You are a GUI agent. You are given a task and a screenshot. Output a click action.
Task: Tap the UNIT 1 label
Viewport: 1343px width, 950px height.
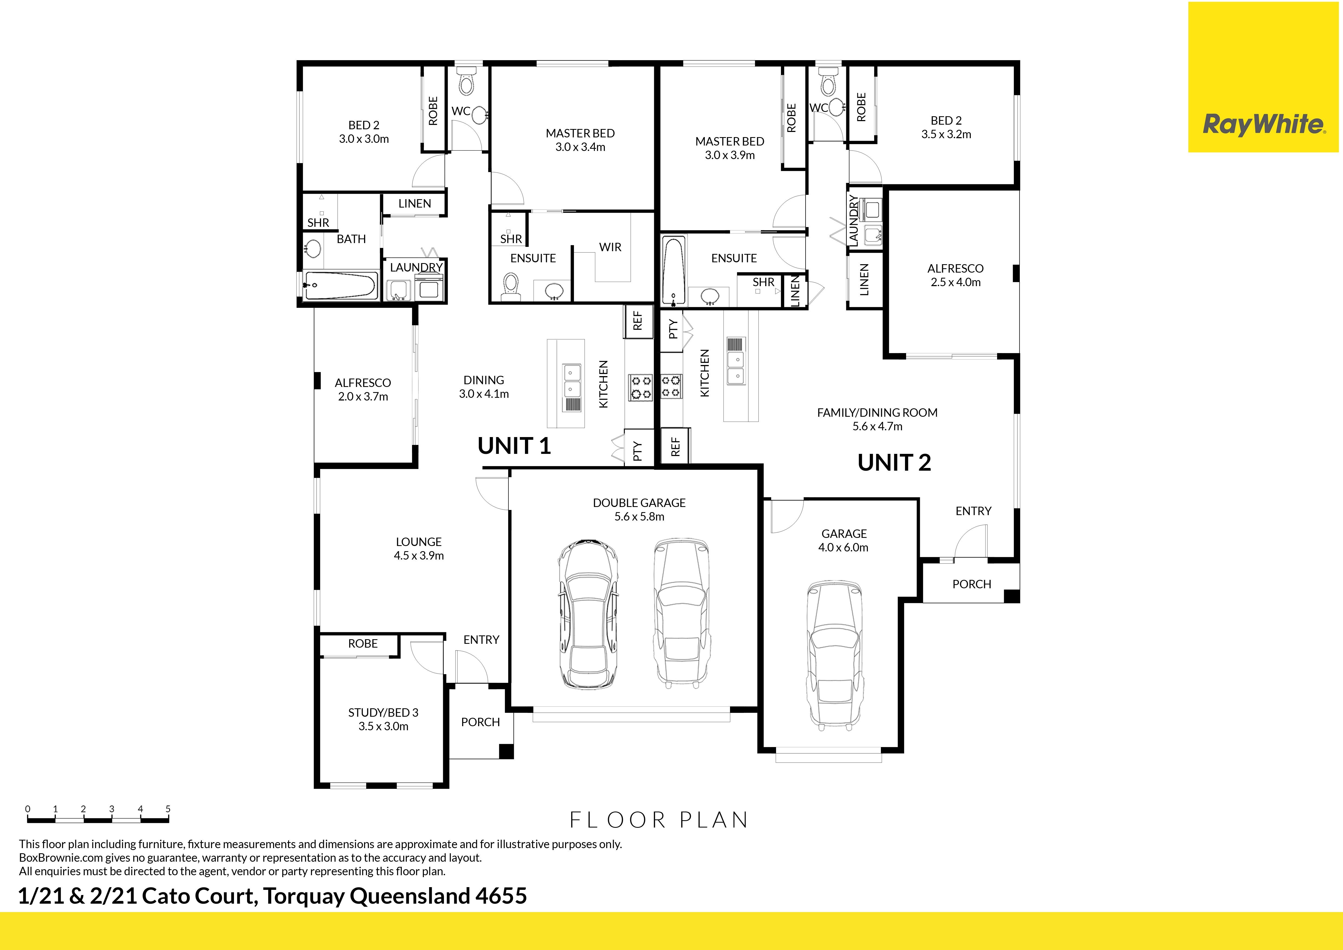coord(514,446)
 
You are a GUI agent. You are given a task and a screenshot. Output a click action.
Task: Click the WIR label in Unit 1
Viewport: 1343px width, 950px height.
coord(610,247)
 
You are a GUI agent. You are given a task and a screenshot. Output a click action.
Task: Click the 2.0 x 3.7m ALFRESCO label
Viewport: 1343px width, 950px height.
coord(363,390)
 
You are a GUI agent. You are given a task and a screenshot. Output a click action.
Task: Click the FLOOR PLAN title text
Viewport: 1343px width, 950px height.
coord(659,820)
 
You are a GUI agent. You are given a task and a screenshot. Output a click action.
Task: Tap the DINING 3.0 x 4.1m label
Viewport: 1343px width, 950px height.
coord(484,387)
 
